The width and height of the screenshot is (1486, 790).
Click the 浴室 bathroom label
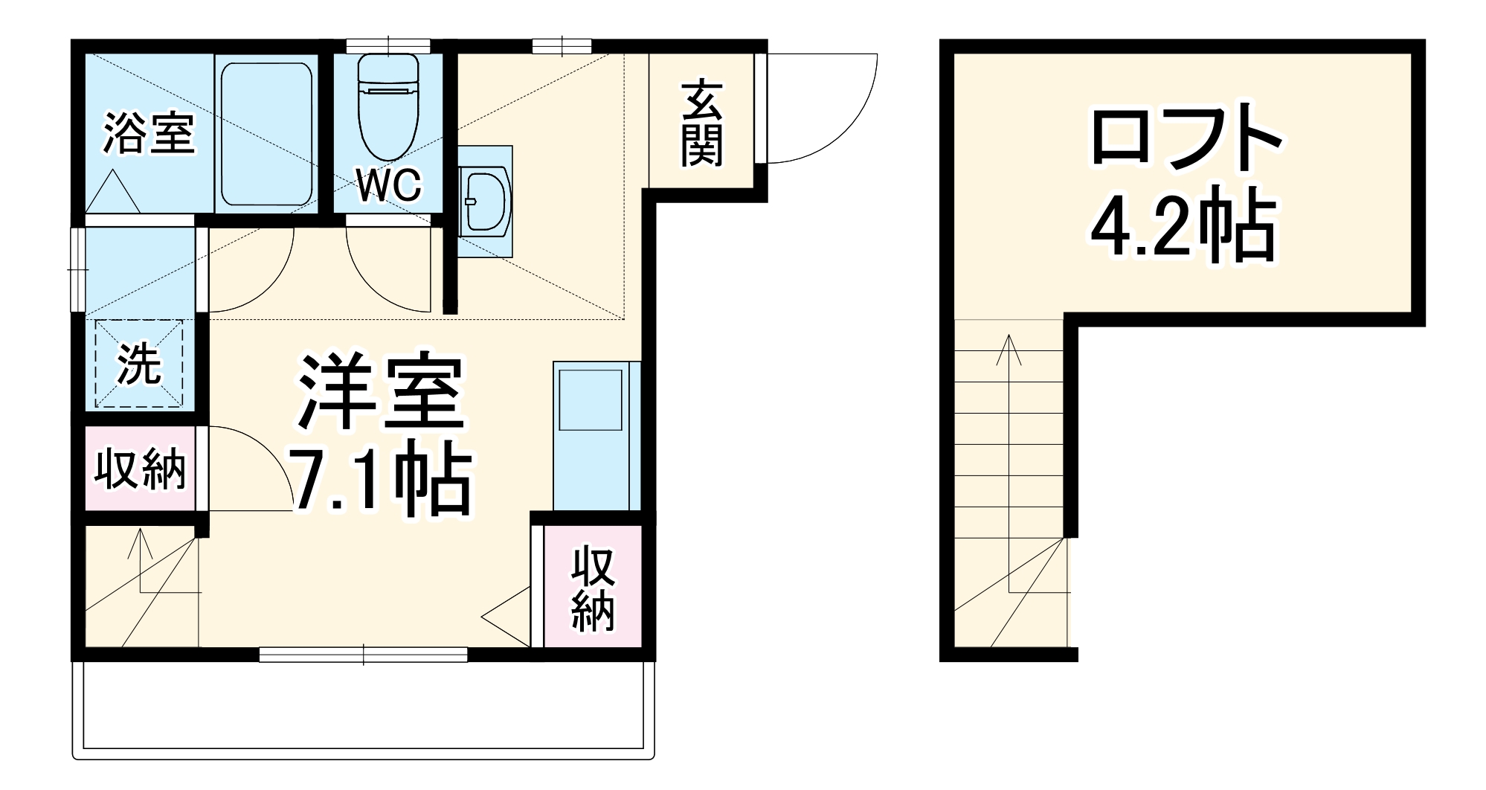[x=149, y=134]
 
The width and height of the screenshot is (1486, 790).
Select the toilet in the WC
[x=387, y=108]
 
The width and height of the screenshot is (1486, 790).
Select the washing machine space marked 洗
[x=139, y=364]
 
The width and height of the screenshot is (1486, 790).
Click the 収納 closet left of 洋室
[x=139, y=469]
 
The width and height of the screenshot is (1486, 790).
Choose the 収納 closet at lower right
[x=592, y=588]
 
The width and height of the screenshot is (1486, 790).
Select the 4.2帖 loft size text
[x=1183, y=224]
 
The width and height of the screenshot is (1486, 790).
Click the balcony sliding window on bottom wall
[x=363, y=655]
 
